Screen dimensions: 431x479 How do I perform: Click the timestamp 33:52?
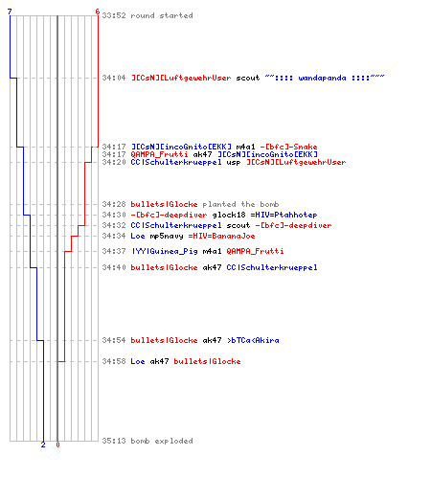(114, 15)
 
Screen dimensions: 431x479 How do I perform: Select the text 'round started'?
(162, 15)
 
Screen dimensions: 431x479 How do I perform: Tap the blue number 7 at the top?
(10, 11)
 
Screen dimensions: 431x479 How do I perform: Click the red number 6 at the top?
(98, 11)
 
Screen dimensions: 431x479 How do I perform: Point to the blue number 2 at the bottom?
(43, 445)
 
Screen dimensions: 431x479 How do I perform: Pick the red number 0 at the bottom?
(57, 445)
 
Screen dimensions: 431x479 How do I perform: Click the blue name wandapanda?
(322, 78)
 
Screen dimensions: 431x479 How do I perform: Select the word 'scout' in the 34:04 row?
(248, 78)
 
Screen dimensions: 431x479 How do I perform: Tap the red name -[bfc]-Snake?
(288, 147)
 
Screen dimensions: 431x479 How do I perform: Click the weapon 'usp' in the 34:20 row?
(234, 162)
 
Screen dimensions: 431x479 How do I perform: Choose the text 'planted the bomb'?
(240, 204)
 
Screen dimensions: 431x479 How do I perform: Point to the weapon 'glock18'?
(229, 215)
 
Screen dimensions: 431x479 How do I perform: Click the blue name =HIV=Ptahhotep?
(284, 215)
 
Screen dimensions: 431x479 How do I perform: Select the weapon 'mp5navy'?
(167, 236)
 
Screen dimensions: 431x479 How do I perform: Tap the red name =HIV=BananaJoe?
(221, 236)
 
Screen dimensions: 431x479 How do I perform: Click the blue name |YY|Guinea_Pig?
(165, 251)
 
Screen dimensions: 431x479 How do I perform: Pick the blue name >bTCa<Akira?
(253, 340)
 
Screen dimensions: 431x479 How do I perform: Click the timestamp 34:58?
(114, 361)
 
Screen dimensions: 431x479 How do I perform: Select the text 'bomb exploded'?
(162, 441)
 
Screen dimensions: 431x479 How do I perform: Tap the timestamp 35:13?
(114, 441)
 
